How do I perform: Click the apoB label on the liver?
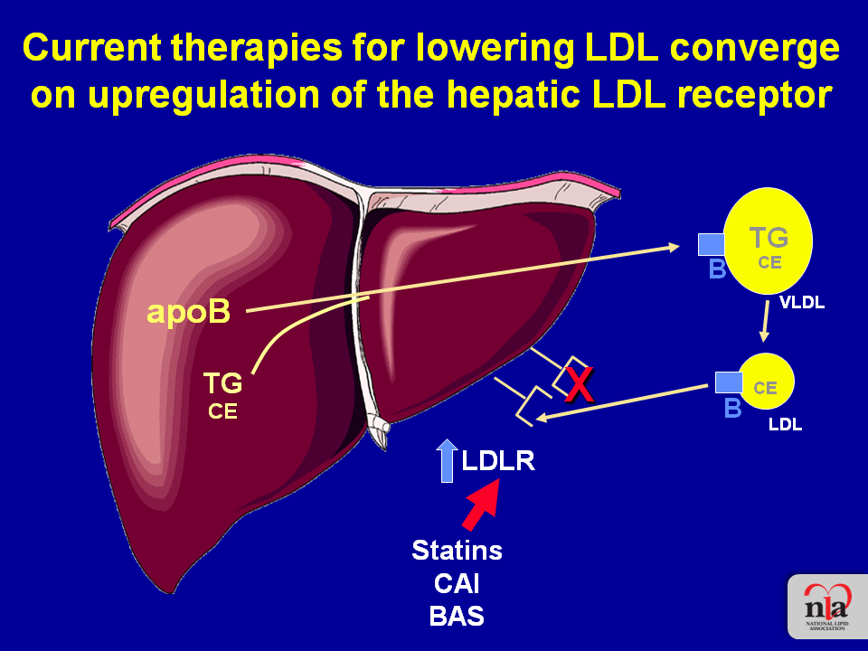coord(189,312)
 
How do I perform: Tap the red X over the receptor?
coord(579,385)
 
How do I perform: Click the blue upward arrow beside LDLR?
coord(447,460)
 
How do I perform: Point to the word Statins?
coord(458,551)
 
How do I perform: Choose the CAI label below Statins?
coord(457,583)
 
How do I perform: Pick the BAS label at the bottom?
coord(457,616)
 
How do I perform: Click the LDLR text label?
coord(498,460)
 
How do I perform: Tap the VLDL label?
coord(802,303)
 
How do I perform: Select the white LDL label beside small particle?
coord(785,425)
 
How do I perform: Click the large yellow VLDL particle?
coord(768,241)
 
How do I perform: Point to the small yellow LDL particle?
coord(766,382)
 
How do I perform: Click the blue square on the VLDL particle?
coord(712,244)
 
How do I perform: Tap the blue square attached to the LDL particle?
coord(729,382)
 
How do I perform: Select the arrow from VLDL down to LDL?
coord(766,321)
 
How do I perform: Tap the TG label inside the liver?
coord(222,382)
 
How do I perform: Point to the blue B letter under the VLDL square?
coord(717,269)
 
